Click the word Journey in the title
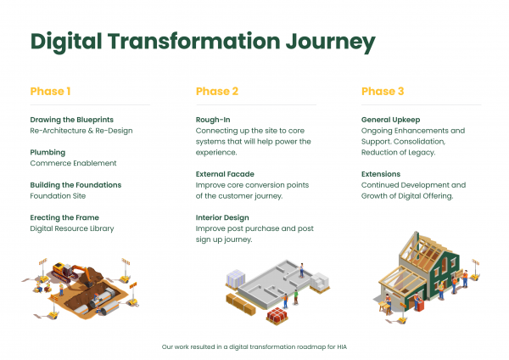point(331,42)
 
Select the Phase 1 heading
point(50,92)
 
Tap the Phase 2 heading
point(217,92)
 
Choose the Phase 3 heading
point(383,92)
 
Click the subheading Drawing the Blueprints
point(72,120)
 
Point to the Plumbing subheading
point(48,152)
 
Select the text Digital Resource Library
point(72,228)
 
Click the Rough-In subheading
point(213,120)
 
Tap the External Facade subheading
point(225,174)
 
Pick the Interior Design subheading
point(222,217)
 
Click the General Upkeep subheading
point(391,120)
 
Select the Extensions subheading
point(381,174)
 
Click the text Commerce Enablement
point(73,163)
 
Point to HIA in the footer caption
point(342,347)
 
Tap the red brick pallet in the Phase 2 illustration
point(277,316)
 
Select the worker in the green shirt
point(296,297)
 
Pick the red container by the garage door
point(420,306)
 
